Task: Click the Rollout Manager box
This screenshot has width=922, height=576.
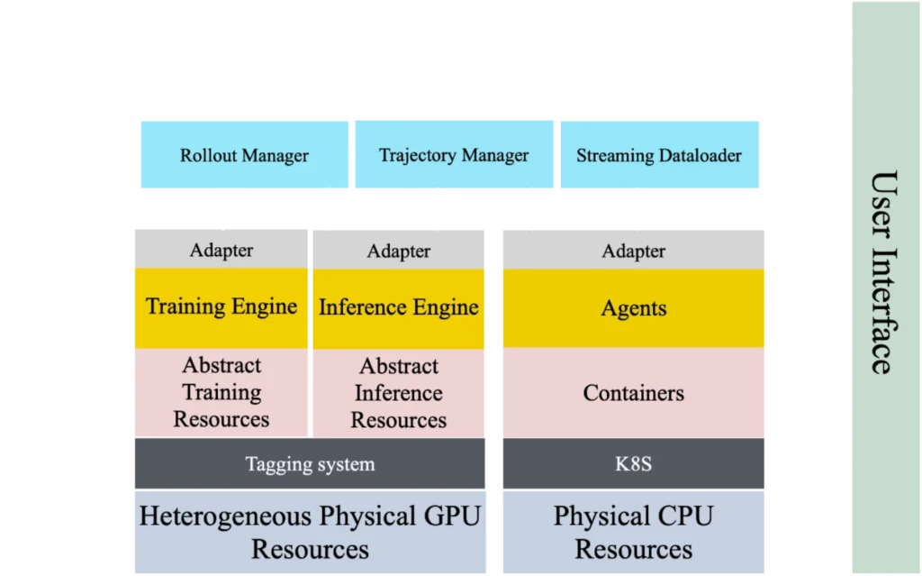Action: pos(244,155)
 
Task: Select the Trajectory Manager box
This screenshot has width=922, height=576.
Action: pos(453,155)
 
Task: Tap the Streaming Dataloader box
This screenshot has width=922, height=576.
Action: pos(659,155)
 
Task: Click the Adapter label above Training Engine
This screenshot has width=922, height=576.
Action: pos(221,251)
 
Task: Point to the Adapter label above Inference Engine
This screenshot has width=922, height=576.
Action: pos(399,251)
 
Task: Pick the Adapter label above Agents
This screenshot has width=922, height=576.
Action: pos(634,251)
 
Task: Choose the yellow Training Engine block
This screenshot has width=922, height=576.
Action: pos(221,306)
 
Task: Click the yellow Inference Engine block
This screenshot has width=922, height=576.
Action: pos(399,307)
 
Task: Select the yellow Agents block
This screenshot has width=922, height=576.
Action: pos(634,308)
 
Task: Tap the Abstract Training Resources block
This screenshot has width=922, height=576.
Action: pos(221,392)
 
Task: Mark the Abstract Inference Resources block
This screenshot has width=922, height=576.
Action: pos(399,393)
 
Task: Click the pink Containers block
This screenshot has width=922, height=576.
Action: pos(634,393)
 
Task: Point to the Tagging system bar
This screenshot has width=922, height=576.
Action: pos(310,464)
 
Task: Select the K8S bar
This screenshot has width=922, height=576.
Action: pos(634,464)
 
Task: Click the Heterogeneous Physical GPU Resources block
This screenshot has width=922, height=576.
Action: pos(310,532)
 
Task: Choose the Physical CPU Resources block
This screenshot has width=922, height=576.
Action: pos(634,532)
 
